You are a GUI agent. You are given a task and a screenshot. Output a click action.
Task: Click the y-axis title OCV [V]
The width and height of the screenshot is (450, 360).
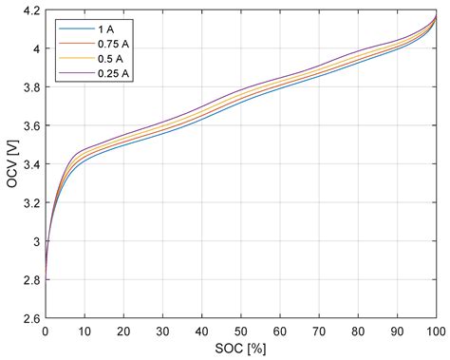pos(11,165)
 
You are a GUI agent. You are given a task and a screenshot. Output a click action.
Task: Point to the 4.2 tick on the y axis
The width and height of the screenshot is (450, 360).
pos(31,10)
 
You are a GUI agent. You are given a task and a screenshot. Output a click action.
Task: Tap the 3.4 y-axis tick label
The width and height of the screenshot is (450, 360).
pos(31,165)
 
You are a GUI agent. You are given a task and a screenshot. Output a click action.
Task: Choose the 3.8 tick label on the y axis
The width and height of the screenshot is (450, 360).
pos(31,87)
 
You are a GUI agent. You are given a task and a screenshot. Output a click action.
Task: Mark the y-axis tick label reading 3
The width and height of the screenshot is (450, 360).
pos(36,243)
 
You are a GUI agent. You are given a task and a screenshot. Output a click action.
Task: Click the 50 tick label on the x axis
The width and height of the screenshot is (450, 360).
pos(241,333)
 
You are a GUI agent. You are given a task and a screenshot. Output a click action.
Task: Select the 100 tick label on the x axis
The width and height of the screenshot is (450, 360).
pos(436,333)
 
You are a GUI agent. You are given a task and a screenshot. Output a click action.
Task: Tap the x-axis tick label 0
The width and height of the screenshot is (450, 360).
pos(46,333)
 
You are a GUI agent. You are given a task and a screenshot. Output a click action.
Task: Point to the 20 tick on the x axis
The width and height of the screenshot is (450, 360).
pos(123,333)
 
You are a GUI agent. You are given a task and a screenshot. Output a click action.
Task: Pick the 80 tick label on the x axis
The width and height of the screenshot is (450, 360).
pos(358,333)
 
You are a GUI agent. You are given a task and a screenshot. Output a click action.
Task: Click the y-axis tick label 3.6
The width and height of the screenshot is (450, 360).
pos(31,126)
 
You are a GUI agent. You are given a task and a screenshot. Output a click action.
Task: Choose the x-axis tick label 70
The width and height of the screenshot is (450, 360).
pos(319,333)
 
